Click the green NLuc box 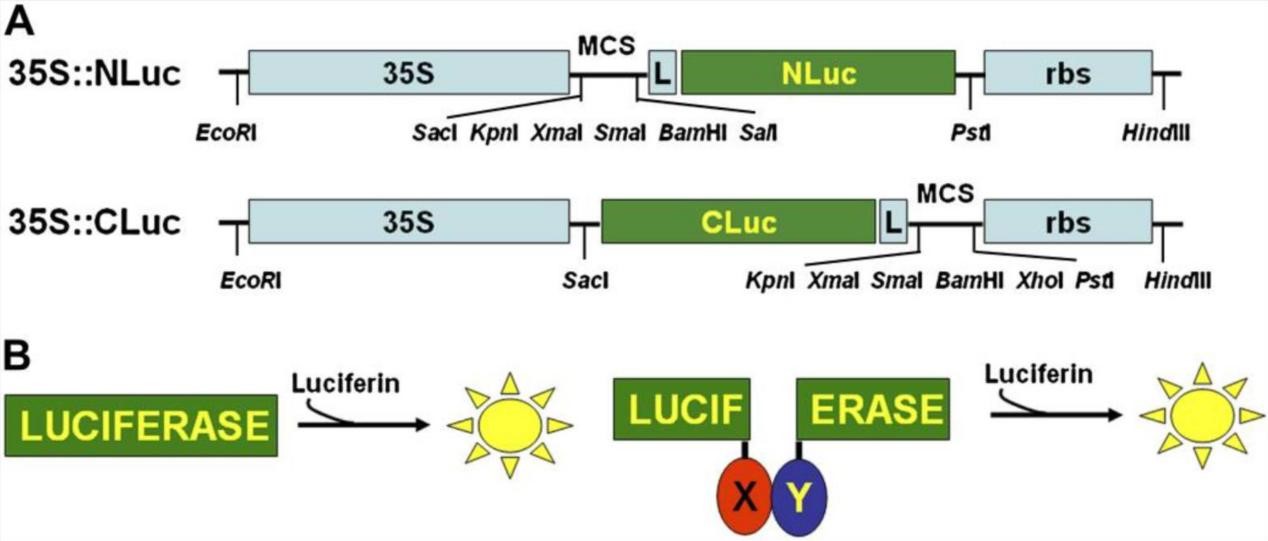818,72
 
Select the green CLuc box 738,220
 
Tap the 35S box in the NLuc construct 408,72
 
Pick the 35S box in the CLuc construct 408,220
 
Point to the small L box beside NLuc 661,72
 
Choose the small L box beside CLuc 892,220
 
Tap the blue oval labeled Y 798,497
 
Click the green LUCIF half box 676,409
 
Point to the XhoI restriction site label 1034,281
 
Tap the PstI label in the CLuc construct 1089,281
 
